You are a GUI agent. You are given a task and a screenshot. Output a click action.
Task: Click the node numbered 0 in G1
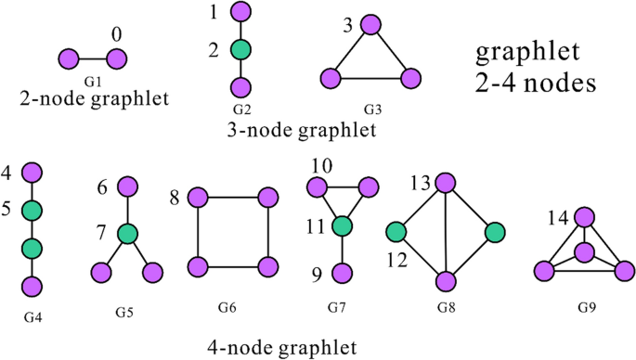point(116,59)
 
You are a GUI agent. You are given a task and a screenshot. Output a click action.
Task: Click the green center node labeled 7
point(127,234)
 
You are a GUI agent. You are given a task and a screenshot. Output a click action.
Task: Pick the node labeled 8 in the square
point(196,198)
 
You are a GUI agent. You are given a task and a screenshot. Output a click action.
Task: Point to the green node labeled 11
point(343,225)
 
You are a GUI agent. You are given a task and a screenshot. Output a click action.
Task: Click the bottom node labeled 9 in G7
point(343,273)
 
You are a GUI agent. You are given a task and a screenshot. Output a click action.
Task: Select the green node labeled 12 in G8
point(396,230)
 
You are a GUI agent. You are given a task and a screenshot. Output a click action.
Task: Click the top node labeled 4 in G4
point(32,172)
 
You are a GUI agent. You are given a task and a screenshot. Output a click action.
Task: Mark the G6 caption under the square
point(232,306)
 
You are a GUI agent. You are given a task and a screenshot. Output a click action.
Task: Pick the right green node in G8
point(494,230)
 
